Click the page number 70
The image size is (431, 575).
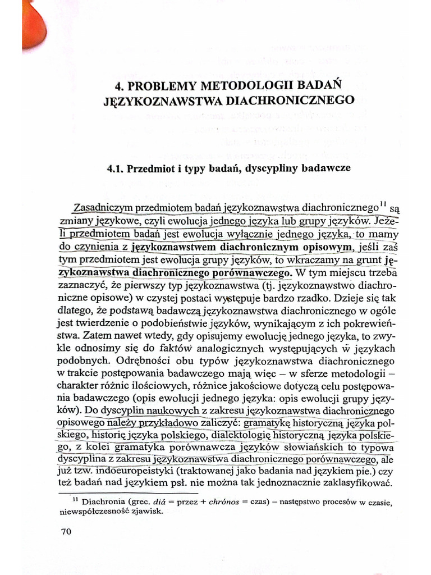[67, 532]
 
